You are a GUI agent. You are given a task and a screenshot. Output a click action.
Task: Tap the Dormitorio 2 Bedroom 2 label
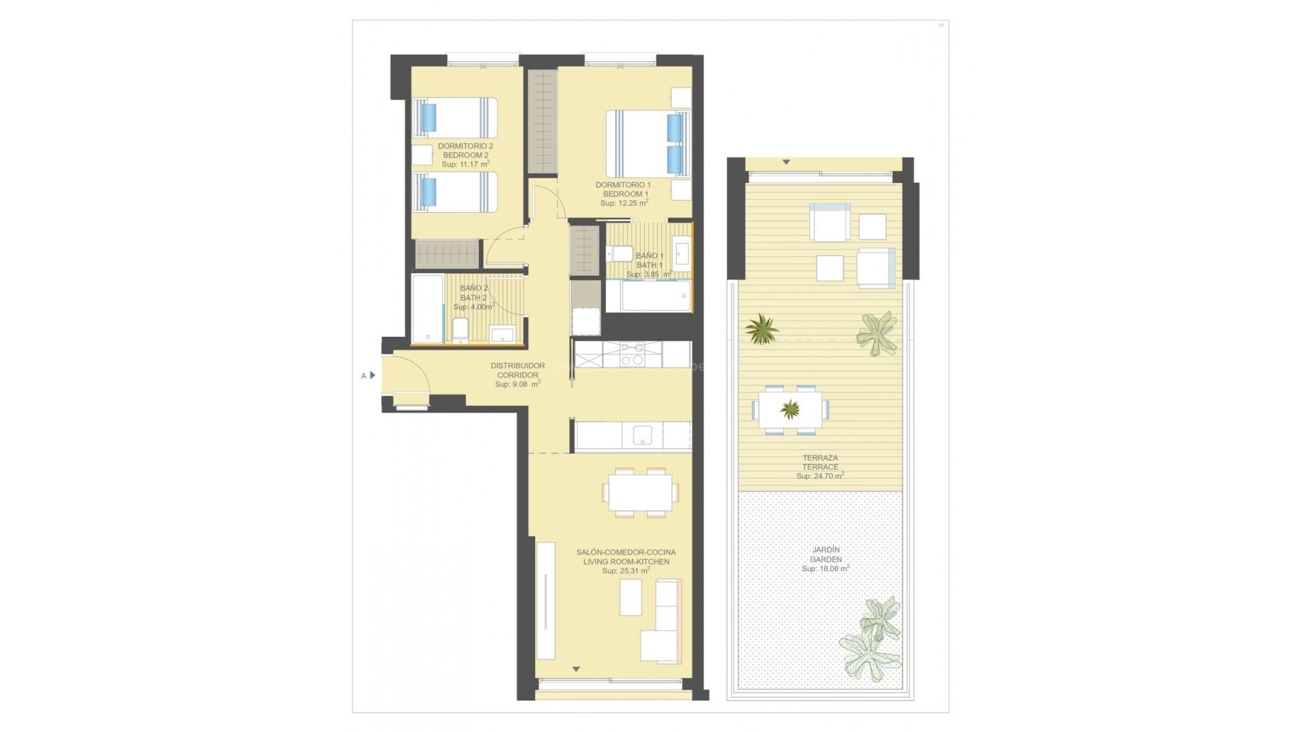coord(465,150)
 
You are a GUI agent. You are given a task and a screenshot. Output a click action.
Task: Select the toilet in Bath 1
coord(618,254)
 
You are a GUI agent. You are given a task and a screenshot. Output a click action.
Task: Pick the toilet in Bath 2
coord(460,329)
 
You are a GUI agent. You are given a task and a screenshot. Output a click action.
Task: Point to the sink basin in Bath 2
coord(502,333)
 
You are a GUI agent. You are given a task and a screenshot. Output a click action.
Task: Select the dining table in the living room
coord(639,492)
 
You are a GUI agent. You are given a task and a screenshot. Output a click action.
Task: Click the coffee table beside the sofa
coord(631,597)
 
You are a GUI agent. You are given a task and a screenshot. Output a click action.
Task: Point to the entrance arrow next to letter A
coord(372,375)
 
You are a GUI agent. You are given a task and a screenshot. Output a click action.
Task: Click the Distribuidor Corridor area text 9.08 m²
coord(517,384)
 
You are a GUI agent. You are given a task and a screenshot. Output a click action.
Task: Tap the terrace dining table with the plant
coord(790,409)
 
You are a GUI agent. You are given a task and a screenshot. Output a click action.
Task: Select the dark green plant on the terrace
coord(762,329)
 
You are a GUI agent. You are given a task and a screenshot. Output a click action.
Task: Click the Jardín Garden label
coord(825,554)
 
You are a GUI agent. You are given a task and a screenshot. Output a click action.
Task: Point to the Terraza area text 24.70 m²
coord(820,476)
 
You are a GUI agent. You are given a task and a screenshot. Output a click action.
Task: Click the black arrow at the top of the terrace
coord(786,163)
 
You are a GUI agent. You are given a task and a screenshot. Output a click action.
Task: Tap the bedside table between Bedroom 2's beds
coord(422,155)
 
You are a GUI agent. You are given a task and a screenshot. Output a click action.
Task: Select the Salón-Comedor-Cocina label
coord(626,552)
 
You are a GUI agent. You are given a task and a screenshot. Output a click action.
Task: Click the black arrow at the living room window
coord(576,670)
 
